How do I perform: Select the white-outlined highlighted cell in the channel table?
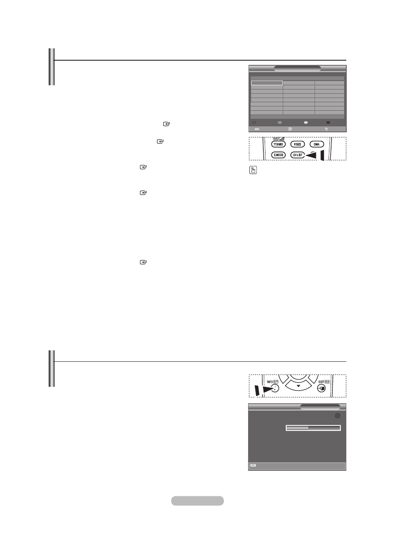coord(266,83)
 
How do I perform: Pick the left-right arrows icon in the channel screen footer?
coord(257,129)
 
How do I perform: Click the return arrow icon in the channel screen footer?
coord(326,129)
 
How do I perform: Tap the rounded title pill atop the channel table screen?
coord(297,68)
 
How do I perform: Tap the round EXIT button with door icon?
coord(321,389)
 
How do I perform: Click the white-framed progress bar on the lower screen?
coord(313,428)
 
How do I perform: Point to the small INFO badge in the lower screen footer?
coord(253,466)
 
